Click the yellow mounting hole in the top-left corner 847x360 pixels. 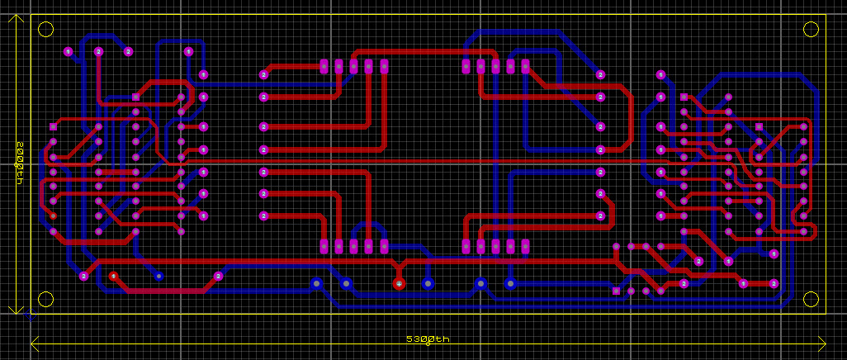click(46, 30)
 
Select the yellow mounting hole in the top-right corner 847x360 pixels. click(811, 30)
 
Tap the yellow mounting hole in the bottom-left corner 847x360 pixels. click(46, 299)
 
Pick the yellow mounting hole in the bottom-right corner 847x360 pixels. click(811, 299)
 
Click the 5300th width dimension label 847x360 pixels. click(428, 339)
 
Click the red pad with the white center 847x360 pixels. click(399, 284)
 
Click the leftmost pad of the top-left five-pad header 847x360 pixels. click(324, 66)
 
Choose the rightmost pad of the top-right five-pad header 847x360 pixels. click(525, 66)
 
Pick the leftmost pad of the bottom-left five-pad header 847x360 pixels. click(324, 246)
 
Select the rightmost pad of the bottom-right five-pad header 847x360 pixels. click(525, 246)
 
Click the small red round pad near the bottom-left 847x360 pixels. click(114, 276)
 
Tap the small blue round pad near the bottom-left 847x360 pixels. click(159, 276)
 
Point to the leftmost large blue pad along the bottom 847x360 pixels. click(315, 284)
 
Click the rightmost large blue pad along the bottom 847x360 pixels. click(510, 284)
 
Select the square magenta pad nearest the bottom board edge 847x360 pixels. click(616, 291)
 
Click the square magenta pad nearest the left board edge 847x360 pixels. click(54, 127)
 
